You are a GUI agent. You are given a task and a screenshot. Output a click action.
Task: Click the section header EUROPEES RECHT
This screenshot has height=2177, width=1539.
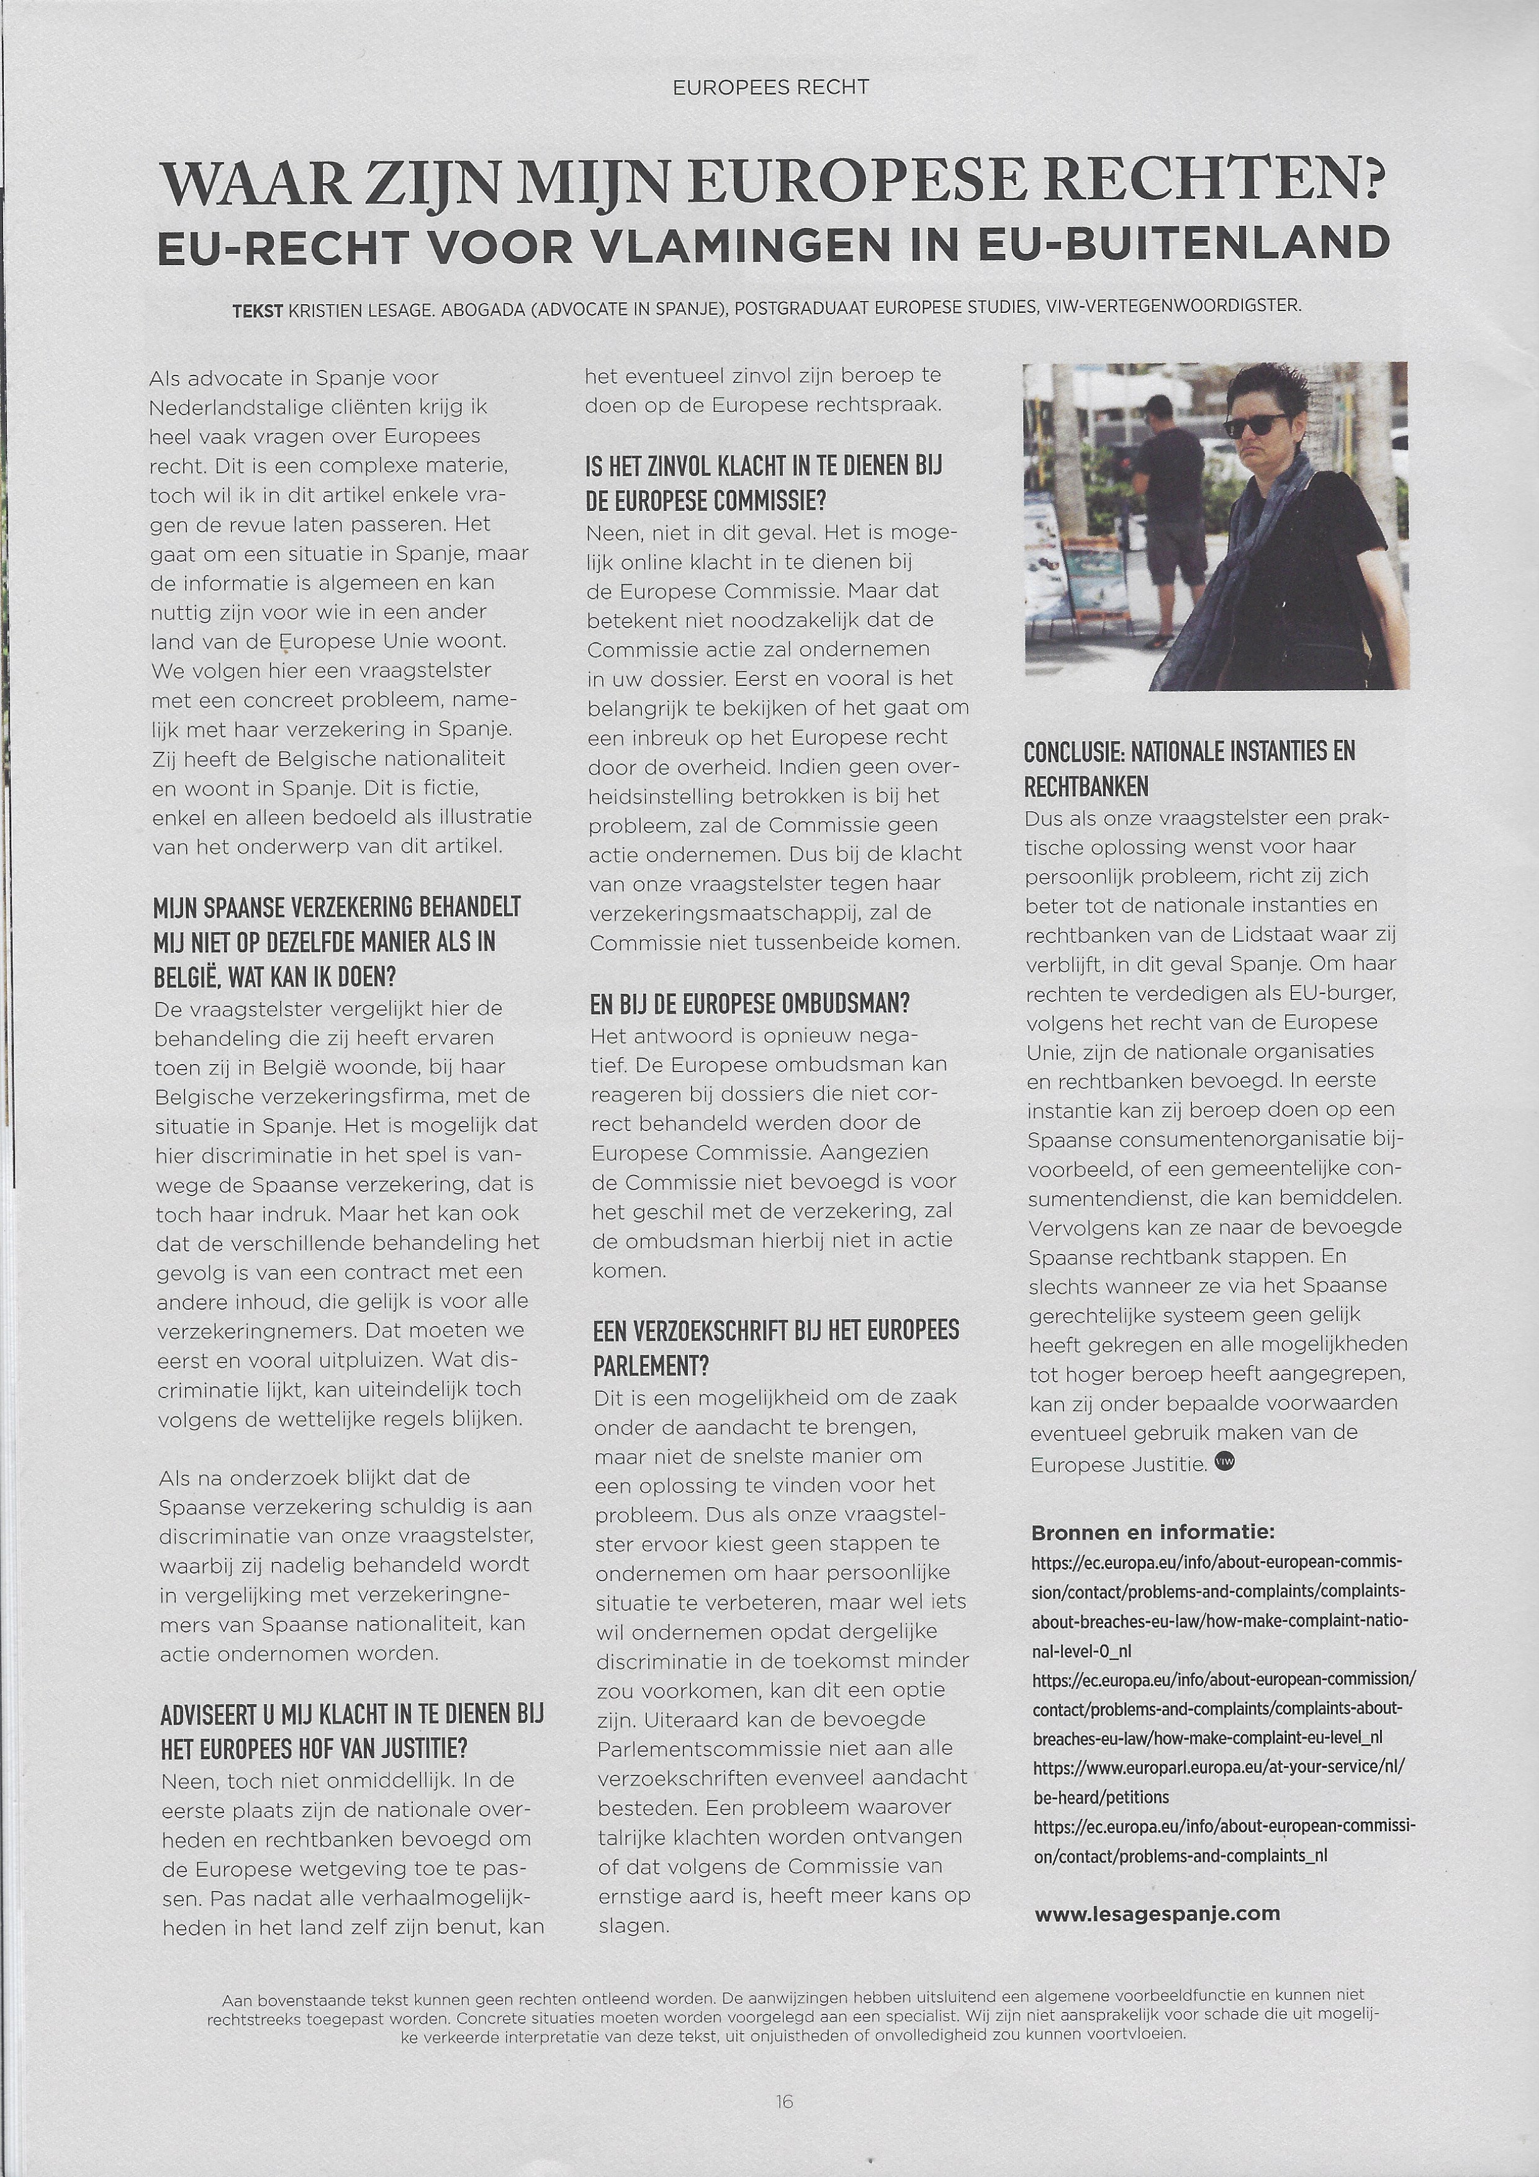770,88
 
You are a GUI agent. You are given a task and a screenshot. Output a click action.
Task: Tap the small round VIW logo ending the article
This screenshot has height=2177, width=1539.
1224,1462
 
